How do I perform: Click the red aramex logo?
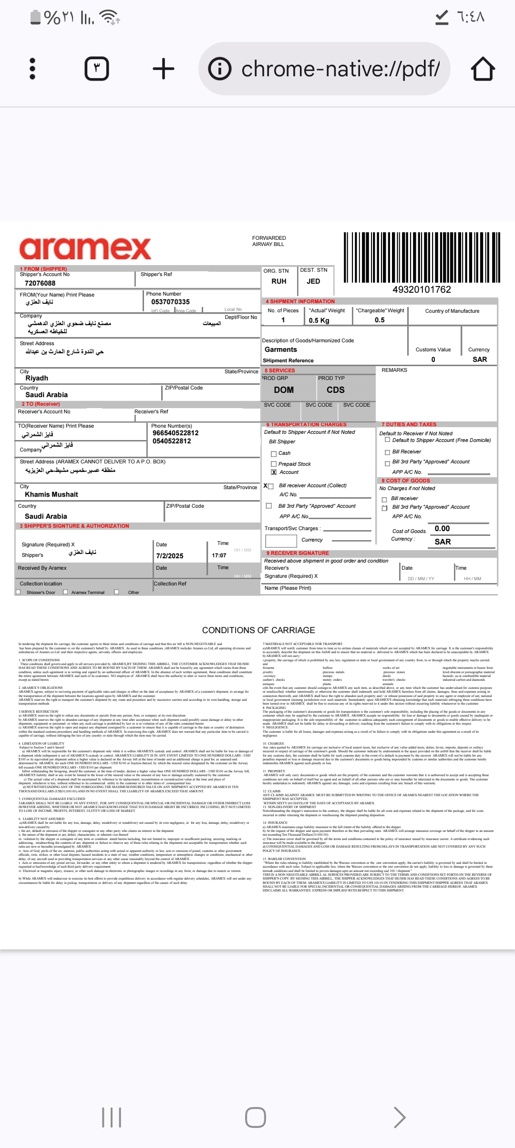(x=85, y=248)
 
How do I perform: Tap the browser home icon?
(x=483, y=69)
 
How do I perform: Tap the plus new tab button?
(x=164, y=69)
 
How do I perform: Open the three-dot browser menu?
(x=32, y=69)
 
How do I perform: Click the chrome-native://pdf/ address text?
(x=340, y=69)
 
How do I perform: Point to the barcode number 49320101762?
(x=422, y=289)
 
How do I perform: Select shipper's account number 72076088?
(x=40, y=283)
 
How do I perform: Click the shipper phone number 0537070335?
(x=170, y=302)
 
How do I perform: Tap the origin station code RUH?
(x=279, y=281)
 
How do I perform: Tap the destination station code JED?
(x=313, y=281)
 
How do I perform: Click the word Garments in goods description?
(x=281, y=349)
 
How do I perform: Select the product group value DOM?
(x=284, y=389)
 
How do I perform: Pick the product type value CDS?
(x=335, y=389)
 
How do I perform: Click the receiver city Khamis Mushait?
(x=51, y=494)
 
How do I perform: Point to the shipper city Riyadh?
(x=37, y=378)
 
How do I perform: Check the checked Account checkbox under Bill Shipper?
(x=274, y=472)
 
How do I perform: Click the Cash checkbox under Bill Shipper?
(x=274, y=453)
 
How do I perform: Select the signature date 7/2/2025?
(x=170, y=556)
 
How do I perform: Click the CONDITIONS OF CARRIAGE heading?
(x=258, y=630)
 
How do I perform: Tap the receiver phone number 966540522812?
(x=175, y=433)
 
